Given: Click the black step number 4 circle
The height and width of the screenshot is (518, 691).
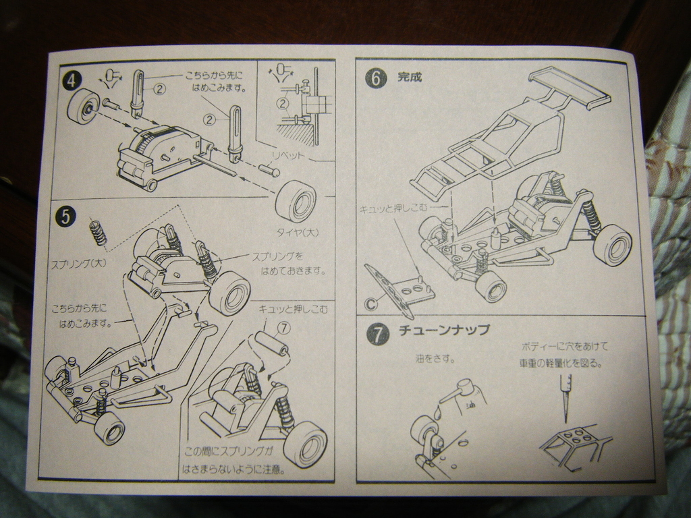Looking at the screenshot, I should pos(70,81).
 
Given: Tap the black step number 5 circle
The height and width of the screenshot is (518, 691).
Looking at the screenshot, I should pos(65,217).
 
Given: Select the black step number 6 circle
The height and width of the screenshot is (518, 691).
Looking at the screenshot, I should pos(376,79).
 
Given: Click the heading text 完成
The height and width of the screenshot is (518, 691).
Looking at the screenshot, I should pos(410,78).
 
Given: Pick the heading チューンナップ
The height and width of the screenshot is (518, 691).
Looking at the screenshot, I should pos(443,330).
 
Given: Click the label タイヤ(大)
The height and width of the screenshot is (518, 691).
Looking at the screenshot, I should pos(297,233).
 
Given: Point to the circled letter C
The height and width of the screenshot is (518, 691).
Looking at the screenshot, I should pos(370,304).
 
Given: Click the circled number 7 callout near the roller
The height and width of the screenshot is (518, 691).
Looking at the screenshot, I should pos(283,328).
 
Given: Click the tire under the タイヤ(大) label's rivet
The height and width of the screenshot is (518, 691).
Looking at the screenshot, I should pos(296,200).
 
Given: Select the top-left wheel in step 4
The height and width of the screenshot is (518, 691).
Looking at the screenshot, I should pos(84,107).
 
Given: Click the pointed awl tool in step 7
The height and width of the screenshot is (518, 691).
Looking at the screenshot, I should pos(565,397).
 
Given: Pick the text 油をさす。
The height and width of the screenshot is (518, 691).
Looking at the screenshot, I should pos(435,359).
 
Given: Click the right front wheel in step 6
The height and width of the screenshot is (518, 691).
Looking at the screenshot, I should pos(613,246).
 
